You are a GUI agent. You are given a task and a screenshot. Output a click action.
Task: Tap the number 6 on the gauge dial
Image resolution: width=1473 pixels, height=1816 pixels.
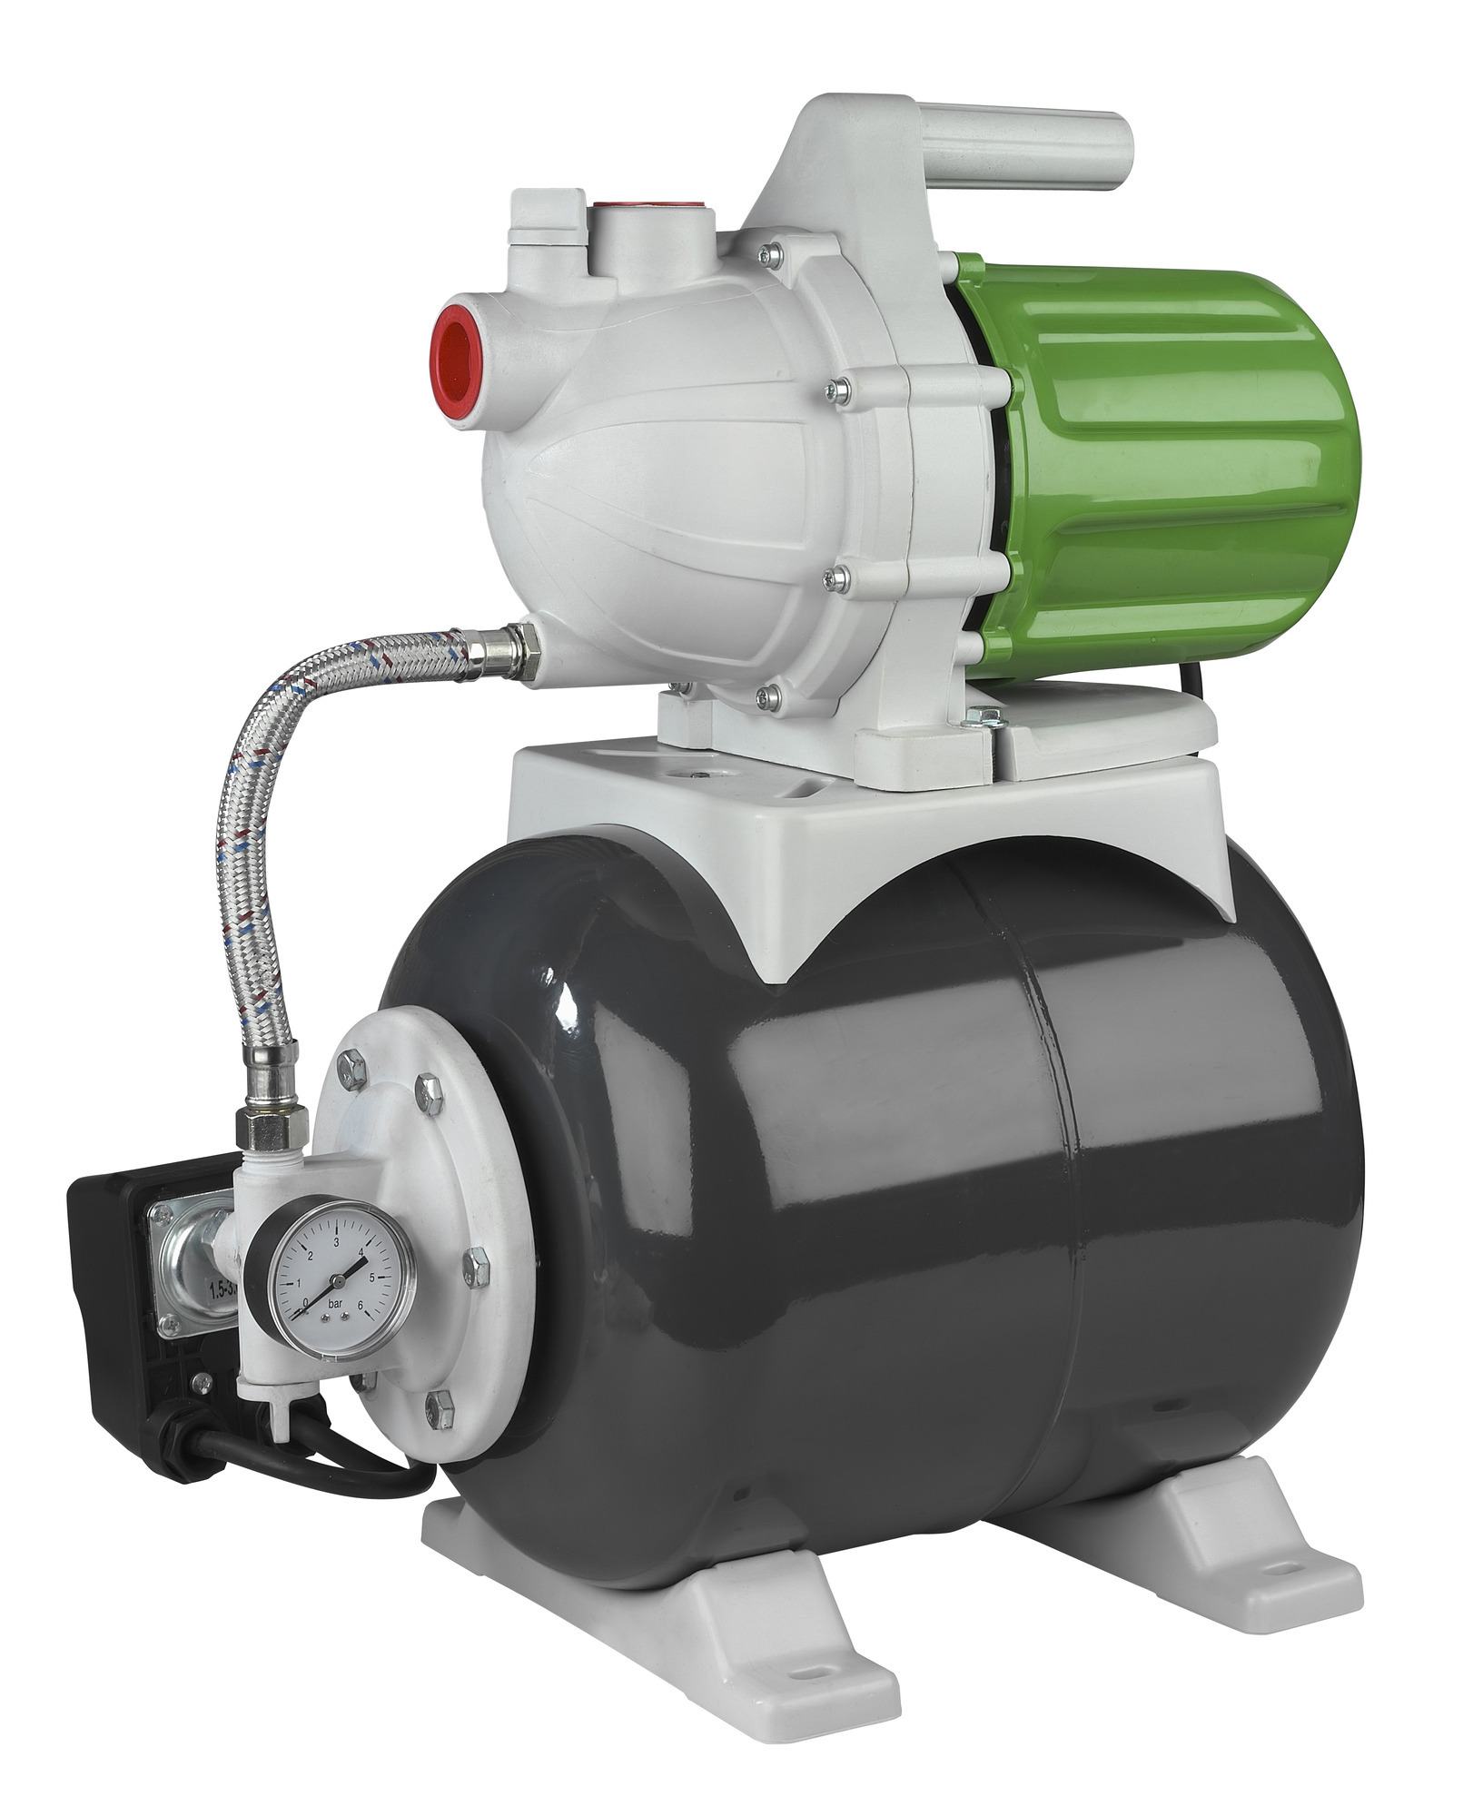pyautogui.click(x=361, y=1306)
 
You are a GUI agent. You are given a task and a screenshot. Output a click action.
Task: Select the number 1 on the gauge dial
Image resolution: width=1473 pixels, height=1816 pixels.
pyautogui.click(x=301, y=1282)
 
